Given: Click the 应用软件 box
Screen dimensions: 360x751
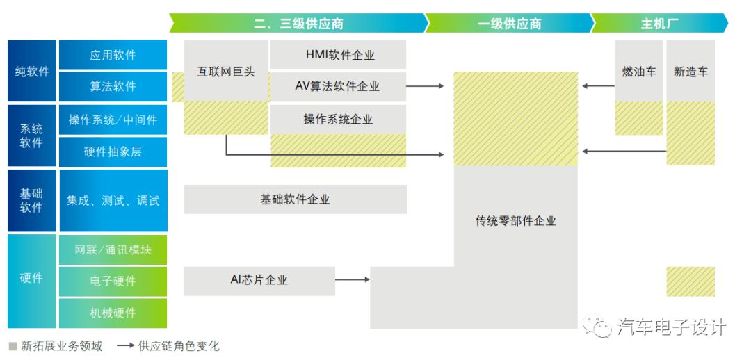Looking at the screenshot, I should point(113,55).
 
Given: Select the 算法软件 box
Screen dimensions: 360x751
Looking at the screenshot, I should point(113,86).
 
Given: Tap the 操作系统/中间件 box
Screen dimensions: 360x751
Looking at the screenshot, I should point(113,120).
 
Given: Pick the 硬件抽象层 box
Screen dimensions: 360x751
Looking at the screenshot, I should point(113,152).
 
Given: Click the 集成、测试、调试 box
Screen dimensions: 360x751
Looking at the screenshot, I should point(113,201).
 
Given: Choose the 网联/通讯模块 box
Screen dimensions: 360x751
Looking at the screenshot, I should point(113,249).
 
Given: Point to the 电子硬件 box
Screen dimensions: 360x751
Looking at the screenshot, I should point(113,281).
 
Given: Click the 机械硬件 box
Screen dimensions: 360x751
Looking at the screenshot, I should point(113,313).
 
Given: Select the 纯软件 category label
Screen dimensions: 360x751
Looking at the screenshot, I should point(32,72).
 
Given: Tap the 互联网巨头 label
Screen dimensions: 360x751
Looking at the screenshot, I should point(225,72).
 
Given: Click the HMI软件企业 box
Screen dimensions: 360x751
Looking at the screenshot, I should point(338,55).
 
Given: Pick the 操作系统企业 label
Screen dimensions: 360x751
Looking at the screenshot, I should point(338,119).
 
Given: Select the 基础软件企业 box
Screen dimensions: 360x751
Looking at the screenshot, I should point(295,199).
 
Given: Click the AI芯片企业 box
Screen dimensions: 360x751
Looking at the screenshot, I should point(259,280).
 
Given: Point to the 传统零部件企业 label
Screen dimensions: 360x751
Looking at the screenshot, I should point(515,221).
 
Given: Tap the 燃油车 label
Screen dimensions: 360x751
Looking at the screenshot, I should point(638,72).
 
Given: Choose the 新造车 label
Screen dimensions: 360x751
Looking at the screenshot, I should point(691,72).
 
